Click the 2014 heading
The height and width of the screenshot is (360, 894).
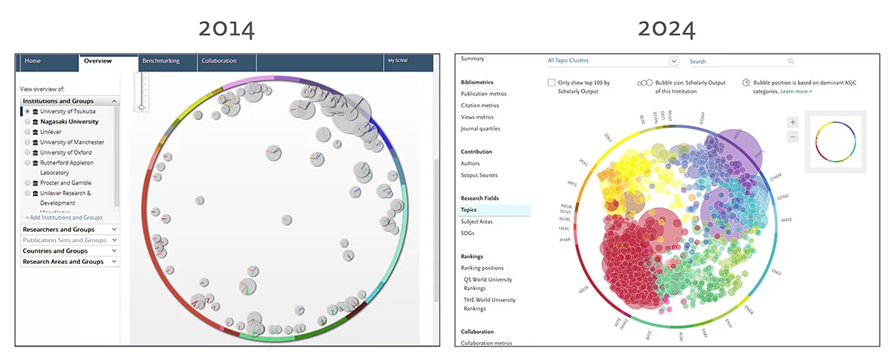[226, 29]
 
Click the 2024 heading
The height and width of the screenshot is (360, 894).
[667, 29]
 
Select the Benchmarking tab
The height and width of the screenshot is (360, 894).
[161, 61]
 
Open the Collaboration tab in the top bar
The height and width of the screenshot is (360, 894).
[218, 61]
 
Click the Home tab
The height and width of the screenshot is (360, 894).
[33, 61]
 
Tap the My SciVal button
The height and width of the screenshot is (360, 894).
[398, 61]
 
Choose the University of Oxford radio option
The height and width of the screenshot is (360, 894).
[28, 152]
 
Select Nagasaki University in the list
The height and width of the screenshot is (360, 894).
[28, 121]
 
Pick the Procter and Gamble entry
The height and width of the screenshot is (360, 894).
[28, 183]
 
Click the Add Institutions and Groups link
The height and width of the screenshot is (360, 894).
[64, 218]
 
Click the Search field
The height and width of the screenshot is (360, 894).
[738, 61]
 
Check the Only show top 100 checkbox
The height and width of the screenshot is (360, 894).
[551, 83]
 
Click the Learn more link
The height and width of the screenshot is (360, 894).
[796, 91]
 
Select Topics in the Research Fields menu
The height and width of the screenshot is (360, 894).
[469, 210]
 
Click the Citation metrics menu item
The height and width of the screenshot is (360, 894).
[480, 105]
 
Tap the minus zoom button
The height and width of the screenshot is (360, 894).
[793, 136]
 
